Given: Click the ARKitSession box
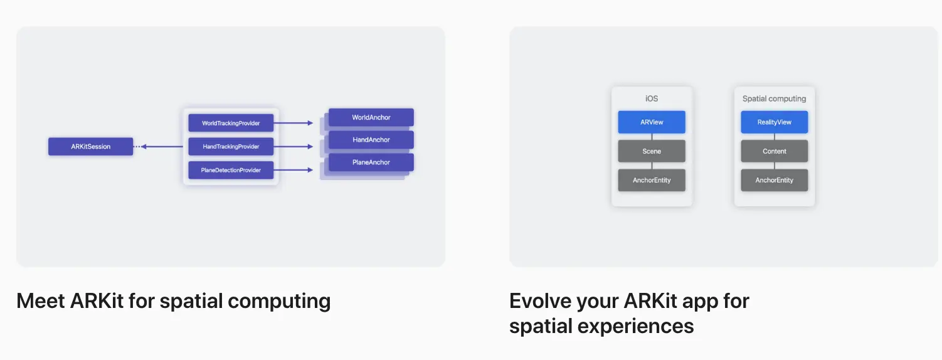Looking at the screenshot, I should coord(90,147).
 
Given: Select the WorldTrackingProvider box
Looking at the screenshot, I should coord(231,124).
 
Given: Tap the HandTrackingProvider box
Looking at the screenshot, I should coord(231,147).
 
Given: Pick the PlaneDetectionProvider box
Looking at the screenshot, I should coord(231,170).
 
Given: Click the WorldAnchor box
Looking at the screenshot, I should coord(371,117).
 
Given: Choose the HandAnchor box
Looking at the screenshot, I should coord(371,140).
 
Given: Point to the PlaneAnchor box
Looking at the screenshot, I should coord(371,162).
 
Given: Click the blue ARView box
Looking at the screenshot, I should coord(652,122).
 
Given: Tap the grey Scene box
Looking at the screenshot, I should coord(652,151).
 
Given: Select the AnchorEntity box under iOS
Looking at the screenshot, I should coord(652,180).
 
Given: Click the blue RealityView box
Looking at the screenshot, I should coord(775,122).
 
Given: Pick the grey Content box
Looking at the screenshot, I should coord(775,151).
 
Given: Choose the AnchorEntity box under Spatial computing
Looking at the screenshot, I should coord(775,180).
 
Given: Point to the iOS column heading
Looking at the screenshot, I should coord(652,98).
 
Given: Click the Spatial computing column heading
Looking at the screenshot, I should coord(775,98).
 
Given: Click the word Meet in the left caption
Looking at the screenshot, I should coord(40,301).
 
